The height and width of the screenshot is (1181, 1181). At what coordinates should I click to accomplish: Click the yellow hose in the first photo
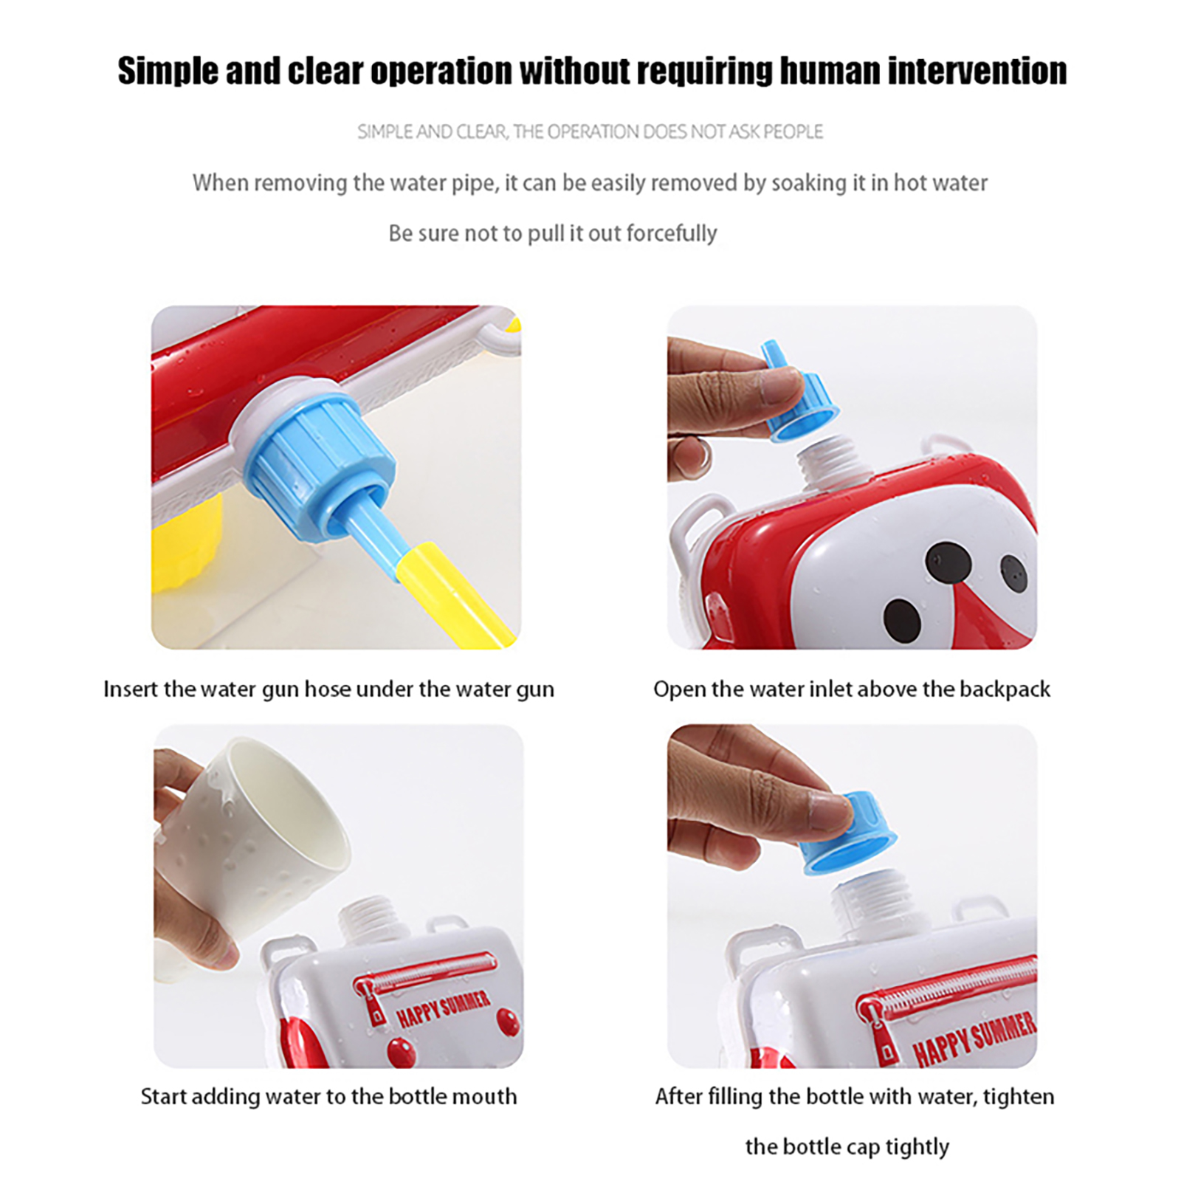(x=454, y=595)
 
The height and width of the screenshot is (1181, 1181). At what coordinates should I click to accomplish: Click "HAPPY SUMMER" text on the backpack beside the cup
(x=444, y=1010)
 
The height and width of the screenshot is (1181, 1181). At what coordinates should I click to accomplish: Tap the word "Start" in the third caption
(x=164, y=1097)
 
